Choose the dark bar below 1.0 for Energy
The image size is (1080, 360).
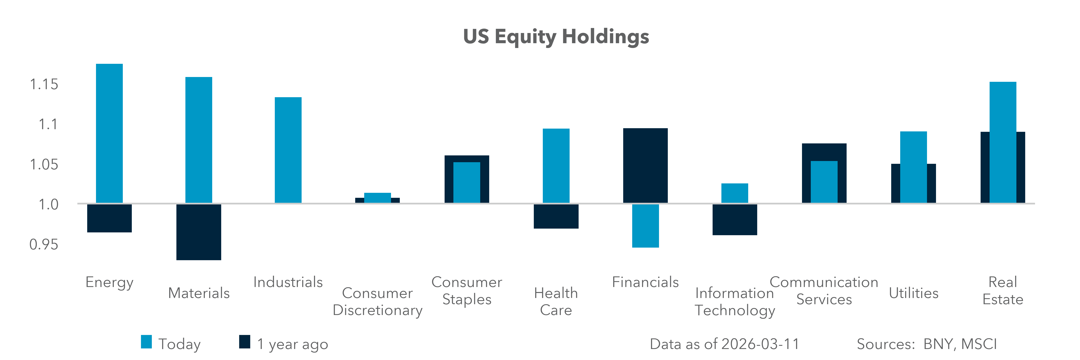coord(109,218)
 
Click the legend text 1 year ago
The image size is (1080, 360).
coord(292,344)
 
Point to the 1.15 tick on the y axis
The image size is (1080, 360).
coord(44,84)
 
